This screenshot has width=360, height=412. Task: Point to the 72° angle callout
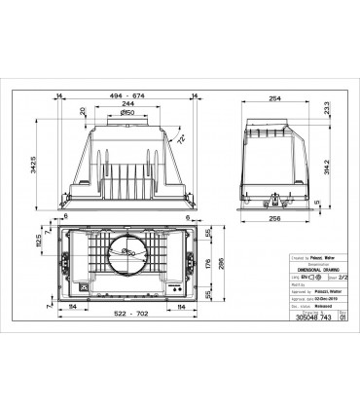click(x=181, y=140)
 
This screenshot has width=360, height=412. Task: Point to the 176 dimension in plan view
click(x=208, y=263)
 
